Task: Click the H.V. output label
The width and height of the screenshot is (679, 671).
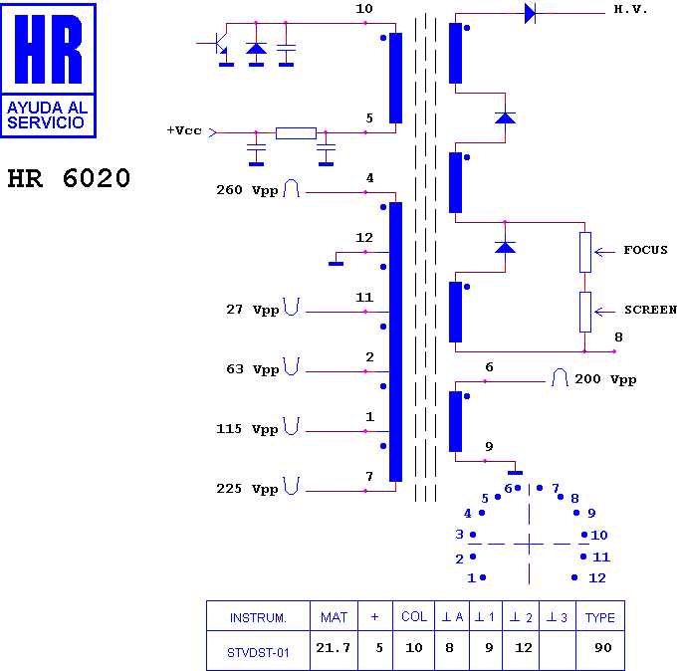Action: [630, 10]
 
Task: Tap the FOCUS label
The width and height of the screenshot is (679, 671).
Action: [645, 250]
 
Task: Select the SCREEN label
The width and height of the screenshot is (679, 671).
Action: [650, 310]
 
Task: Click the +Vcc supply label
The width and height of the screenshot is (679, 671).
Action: [184, 130]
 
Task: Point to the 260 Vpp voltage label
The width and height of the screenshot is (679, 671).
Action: [247, 190]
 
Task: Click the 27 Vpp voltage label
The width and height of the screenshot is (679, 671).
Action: [253, 310]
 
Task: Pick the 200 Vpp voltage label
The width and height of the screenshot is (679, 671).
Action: [605, 379]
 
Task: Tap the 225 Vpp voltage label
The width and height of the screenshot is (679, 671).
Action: [247, 489]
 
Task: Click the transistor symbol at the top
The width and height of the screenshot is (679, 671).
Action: [220, 43]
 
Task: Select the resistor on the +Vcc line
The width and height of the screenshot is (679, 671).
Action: [297, 133]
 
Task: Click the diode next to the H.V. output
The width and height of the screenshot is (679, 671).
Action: [530, 13]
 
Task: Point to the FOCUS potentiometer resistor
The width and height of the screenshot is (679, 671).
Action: [585, 253]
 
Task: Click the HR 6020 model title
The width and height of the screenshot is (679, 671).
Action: [69, 178]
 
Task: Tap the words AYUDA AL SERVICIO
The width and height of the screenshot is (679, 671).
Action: [47, 115]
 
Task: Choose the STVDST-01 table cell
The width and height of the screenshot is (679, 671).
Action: [258, 652]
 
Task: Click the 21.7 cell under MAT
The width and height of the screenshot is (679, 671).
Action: [333, 648]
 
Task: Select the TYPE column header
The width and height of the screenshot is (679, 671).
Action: [599, 618]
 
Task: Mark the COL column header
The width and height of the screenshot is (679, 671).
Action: [414, 616]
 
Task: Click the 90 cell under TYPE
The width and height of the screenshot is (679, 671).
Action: [602, 648]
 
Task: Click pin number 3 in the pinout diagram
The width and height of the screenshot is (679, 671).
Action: [459, 535]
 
